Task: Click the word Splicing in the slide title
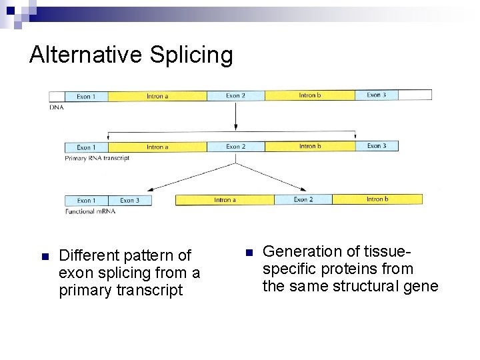pos(191,55)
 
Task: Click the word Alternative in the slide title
pos(86,54)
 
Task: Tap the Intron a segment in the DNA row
pos(157,97)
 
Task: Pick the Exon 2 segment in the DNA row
pos(235,96)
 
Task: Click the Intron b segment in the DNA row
pos(310,95)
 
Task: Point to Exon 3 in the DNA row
pos(376,95)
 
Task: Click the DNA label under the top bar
pos(57,107)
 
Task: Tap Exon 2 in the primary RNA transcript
pos(235,147)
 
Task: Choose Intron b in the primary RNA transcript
pos(310,146)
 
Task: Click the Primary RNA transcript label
pos(97,158)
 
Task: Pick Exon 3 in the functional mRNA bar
pos(129,200)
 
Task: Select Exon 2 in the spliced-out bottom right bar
pos(303,199)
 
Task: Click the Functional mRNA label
pos(90,211)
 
